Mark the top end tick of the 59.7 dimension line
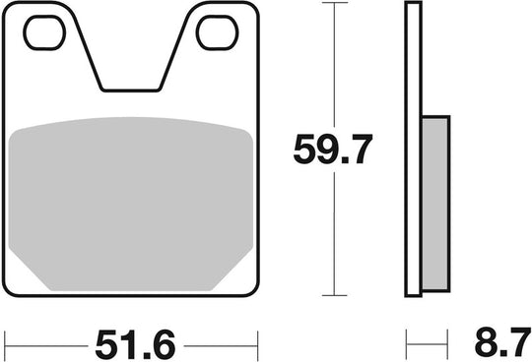click(x=335, y=4)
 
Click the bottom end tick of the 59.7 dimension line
click(x=335, y=295)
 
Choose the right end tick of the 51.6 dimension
click(x=258, y=344)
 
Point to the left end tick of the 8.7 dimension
click(x=407, y=344)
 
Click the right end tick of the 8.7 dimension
click(x=450, y=344)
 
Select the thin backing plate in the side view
click(x=413, y=148)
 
